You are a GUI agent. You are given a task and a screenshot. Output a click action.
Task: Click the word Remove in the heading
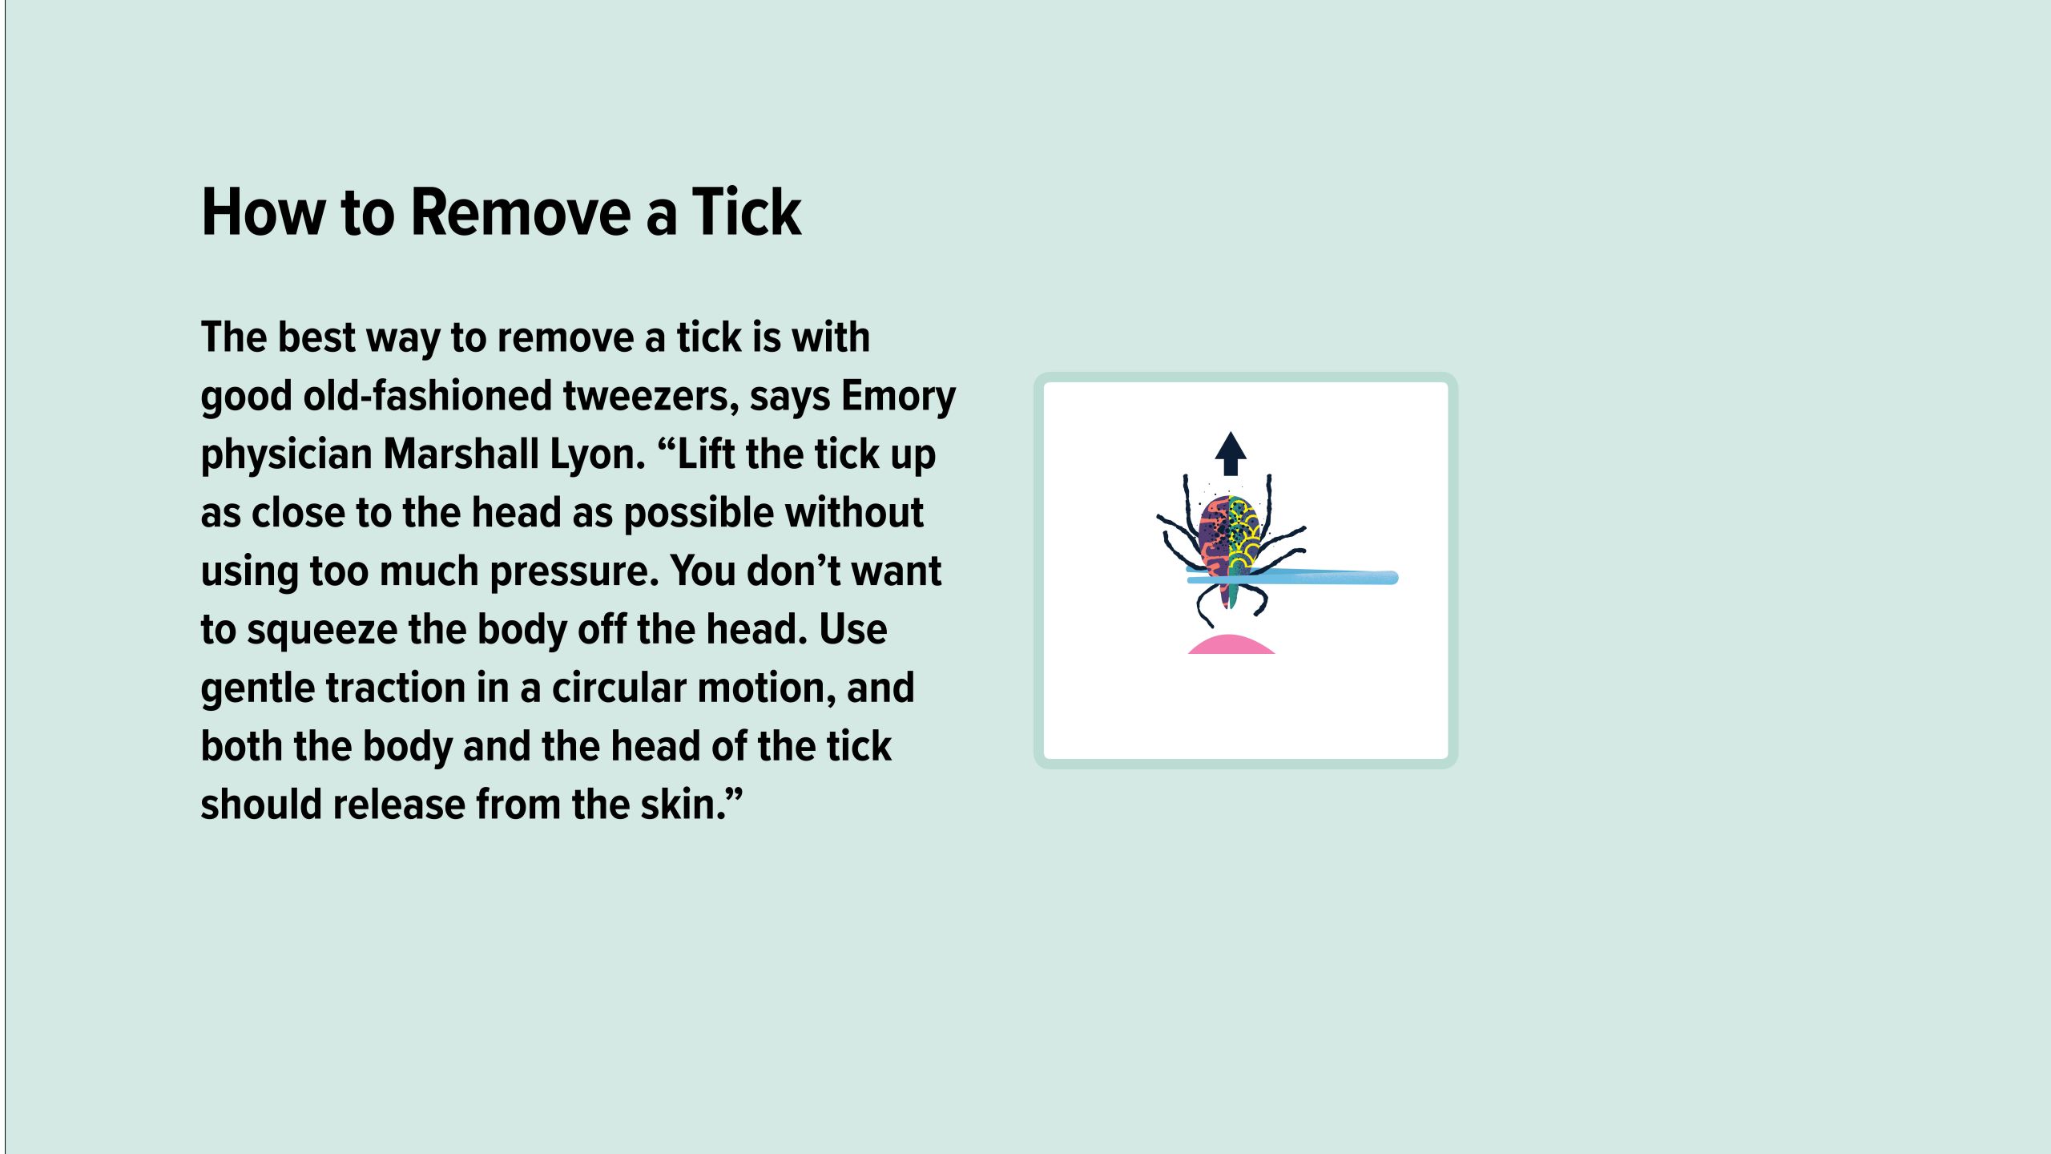[x=521, y=212]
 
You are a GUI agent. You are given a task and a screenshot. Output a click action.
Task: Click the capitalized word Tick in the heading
[x=746, y=212]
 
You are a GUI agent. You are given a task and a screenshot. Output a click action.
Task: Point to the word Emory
[x=898, y=396]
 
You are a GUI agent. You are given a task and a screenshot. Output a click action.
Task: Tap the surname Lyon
[x=597, y=454]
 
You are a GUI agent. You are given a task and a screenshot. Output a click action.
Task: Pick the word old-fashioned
[x=427, y=396]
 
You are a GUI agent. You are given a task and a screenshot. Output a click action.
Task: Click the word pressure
[x=574, y=571]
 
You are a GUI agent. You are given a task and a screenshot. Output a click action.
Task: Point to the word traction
[x=400, y=688]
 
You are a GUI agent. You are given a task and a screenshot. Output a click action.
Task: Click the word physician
[x=286, y=454]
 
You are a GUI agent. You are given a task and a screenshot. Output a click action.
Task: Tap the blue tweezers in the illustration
[x=1346, y=577]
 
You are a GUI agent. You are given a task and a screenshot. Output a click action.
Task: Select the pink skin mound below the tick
[x=1231, y=645]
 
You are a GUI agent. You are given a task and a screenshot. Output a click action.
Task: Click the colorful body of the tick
[x=1230, y=533]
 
